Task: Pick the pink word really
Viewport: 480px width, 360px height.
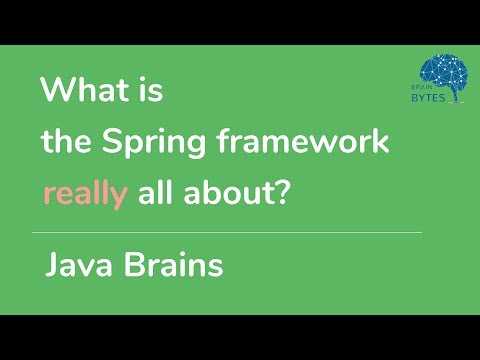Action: click(x=84, y=192)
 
